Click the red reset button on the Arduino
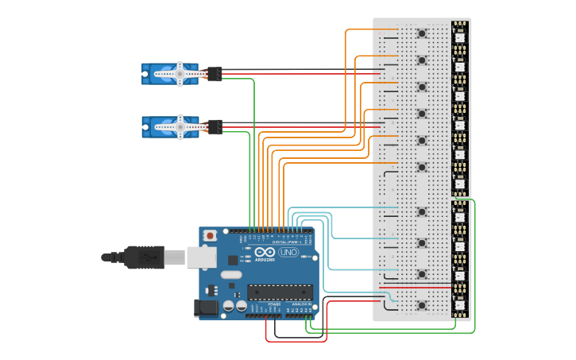(x=210, y=235)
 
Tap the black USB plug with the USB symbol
(x=143, y=257)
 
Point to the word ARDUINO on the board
(x=265, y=259)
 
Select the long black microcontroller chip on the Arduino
(x=278, y=292)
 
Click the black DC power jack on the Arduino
(x=207, y=308)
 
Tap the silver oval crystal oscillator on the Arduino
(x=230, y=275)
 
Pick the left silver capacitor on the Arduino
(x=228, y=305)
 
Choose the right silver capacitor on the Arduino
(x=240, y=305)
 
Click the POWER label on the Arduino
(x=274, y=304)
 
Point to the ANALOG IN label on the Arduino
(x=300, y=304)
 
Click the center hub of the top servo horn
(x=180, y=74)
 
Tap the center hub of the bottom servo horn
(x=180, y=126)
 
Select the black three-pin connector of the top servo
(x=214, y=74)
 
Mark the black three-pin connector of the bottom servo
(x=214, y=126)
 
